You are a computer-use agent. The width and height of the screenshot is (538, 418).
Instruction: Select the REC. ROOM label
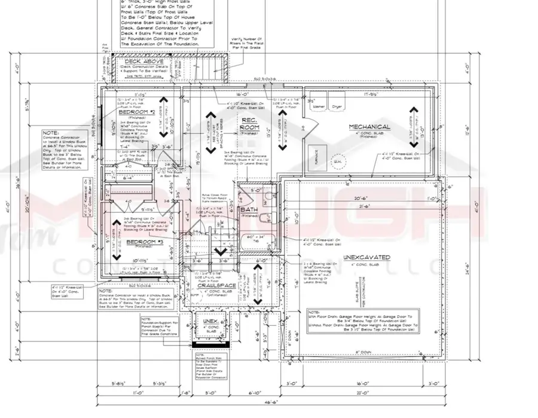point(249,124)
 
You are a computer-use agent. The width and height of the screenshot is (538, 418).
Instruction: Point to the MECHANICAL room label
point(370,127)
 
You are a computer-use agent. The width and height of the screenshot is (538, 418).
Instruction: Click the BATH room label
point(249,210)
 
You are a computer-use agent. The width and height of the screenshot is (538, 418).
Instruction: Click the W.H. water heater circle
point(338,161)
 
